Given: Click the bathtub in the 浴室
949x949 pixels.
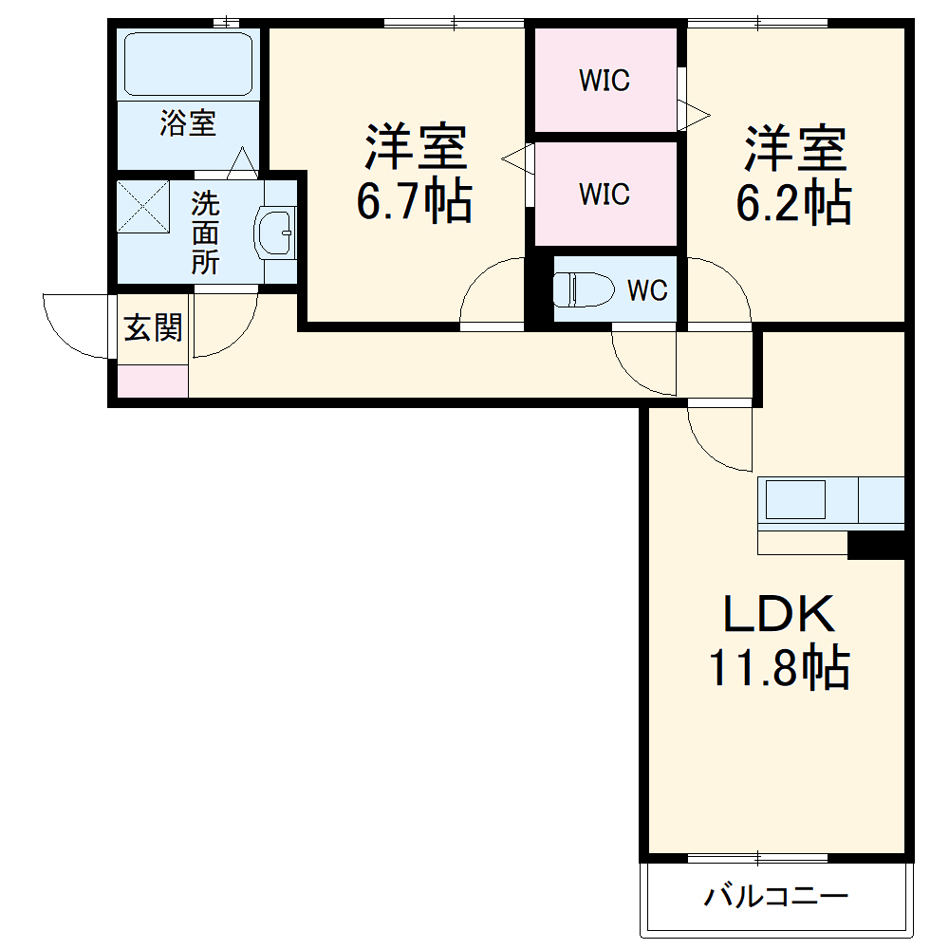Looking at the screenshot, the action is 188,64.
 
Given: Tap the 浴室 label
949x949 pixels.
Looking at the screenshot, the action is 188,122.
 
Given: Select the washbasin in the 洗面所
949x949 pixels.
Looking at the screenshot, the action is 275,233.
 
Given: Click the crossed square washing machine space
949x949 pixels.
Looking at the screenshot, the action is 143,206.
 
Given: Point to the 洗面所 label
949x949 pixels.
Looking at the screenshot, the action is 205,233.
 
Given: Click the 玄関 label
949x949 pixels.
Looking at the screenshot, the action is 153,327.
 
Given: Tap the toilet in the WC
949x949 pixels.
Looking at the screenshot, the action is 584,289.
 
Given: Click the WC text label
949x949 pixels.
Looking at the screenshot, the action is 647,290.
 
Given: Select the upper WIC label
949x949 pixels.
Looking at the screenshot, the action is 605,81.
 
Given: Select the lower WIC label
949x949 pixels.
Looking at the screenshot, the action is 605,195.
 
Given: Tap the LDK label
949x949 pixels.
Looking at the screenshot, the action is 779,614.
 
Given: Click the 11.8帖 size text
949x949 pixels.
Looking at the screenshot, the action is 779,668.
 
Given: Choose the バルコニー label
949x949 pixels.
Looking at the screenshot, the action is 776,895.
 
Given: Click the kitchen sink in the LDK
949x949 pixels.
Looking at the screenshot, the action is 795,499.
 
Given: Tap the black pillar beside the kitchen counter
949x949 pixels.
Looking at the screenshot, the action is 876,546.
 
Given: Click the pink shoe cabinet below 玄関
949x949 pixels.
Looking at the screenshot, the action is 153,381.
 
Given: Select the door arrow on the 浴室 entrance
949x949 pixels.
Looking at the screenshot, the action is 242,162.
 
